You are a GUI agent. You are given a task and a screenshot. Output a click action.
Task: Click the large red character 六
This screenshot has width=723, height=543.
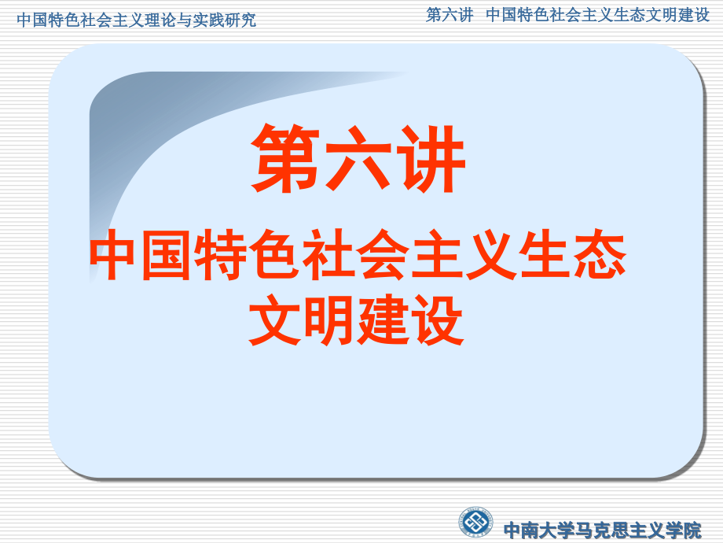[x=358, y=159]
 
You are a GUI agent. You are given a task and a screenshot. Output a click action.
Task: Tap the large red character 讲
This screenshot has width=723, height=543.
[x=430, y=159]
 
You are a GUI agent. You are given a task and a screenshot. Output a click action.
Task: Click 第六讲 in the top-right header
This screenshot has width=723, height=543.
[x=450, y=15]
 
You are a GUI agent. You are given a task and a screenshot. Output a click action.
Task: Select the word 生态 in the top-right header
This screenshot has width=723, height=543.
[x=616, y=15]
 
